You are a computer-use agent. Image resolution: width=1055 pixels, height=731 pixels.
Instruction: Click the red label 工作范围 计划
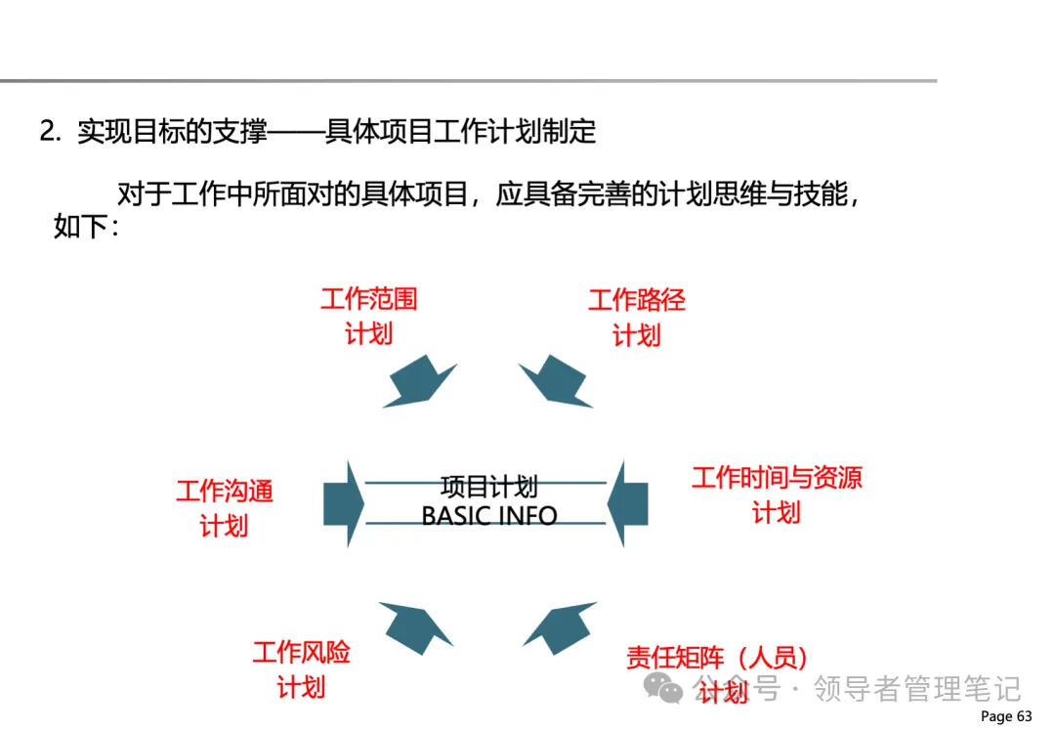369,316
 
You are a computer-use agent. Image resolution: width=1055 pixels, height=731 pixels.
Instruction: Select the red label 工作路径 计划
637,318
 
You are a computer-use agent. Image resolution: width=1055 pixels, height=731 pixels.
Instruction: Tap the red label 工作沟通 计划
225,508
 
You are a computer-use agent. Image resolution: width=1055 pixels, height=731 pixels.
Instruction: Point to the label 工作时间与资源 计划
777,494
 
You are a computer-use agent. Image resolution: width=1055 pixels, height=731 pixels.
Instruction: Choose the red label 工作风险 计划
301,668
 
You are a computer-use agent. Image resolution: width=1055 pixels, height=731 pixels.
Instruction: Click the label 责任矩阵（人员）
718,658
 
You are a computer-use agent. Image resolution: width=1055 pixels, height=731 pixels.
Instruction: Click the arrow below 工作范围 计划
418,382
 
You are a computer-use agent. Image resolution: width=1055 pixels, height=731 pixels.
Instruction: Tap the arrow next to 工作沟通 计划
343,503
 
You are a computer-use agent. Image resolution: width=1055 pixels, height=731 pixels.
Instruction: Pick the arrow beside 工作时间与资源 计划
628,503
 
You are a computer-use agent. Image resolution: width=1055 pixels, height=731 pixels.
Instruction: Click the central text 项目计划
488,487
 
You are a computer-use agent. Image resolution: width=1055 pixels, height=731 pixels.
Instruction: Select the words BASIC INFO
488,515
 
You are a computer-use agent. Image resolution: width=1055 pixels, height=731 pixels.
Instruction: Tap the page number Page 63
1006,716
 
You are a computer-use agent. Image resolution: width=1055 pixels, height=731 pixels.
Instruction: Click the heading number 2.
50,132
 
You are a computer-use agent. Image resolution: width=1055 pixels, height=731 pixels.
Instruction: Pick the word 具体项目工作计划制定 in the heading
460,132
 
